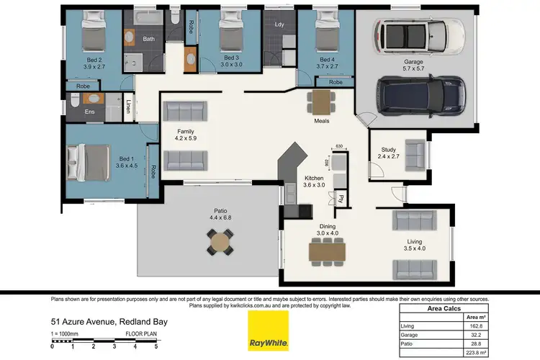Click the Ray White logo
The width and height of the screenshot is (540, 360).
coord(268,330)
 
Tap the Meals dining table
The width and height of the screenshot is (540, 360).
coord(321,102)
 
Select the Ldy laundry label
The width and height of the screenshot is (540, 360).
coord(279,24)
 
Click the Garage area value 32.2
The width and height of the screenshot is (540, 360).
coord(473,335)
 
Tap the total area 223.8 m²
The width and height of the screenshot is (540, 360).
coord(473,354)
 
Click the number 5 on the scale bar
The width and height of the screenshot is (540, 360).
coord(155,346)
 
